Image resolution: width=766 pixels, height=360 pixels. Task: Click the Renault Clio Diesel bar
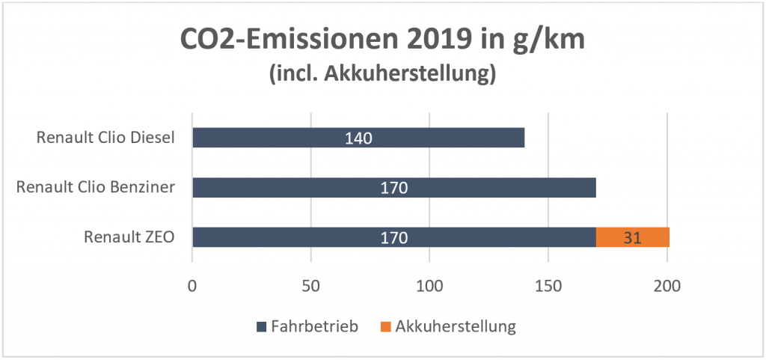coord(284,138)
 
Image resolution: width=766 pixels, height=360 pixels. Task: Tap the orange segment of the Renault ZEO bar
coord(632,237)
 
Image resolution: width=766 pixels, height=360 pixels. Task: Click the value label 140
coord(358,138)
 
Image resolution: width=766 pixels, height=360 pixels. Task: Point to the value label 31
coord(632,238)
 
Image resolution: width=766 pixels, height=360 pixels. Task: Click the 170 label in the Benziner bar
coord(393,188)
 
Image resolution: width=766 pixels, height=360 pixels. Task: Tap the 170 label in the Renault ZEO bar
coord(393,238)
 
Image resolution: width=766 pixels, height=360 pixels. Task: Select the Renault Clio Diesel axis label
coord(105,138)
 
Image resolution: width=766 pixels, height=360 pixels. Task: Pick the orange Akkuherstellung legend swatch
coord(385,326)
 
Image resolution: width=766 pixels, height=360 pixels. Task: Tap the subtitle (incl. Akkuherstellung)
coord(382,74)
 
